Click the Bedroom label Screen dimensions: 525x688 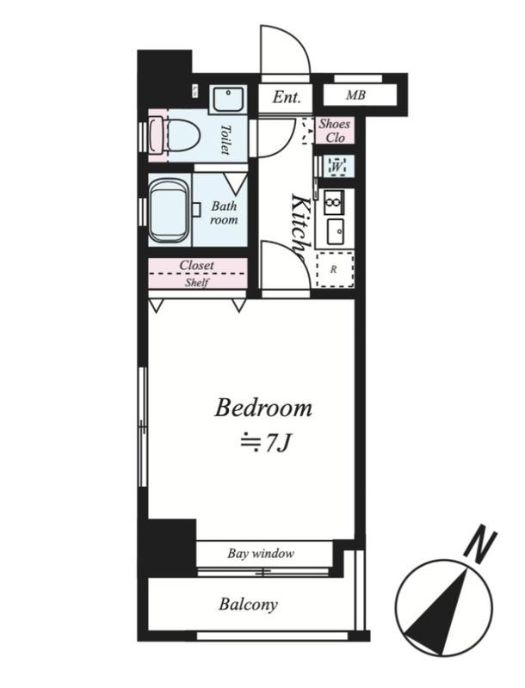pos(263,408)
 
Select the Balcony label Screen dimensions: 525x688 pos(248,605)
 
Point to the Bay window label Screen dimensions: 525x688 pos(261,553)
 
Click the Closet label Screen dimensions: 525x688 pos(196,266)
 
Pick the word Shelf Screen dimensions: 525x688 pos(196,282)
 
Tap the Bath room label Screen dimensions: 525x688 pos(224,212)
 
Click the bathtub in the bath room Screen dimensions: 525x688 pos(170,210)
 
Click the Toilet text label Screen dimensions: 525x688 pos(225,139)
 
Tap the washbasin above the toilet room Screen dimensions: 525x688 pos(228,100)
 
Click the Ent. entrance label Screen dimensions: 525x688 pos(287,97)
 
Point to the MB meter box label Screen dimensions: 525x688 pos(355,95)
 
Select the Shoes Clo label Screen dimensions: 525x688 pos(335,131)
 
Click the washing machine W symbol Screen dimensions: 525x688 pos(337,166)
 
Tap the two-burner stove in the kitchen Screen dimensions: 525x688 pos(334,202)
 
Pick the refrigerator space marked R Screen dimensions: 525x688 pos(335,270)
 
